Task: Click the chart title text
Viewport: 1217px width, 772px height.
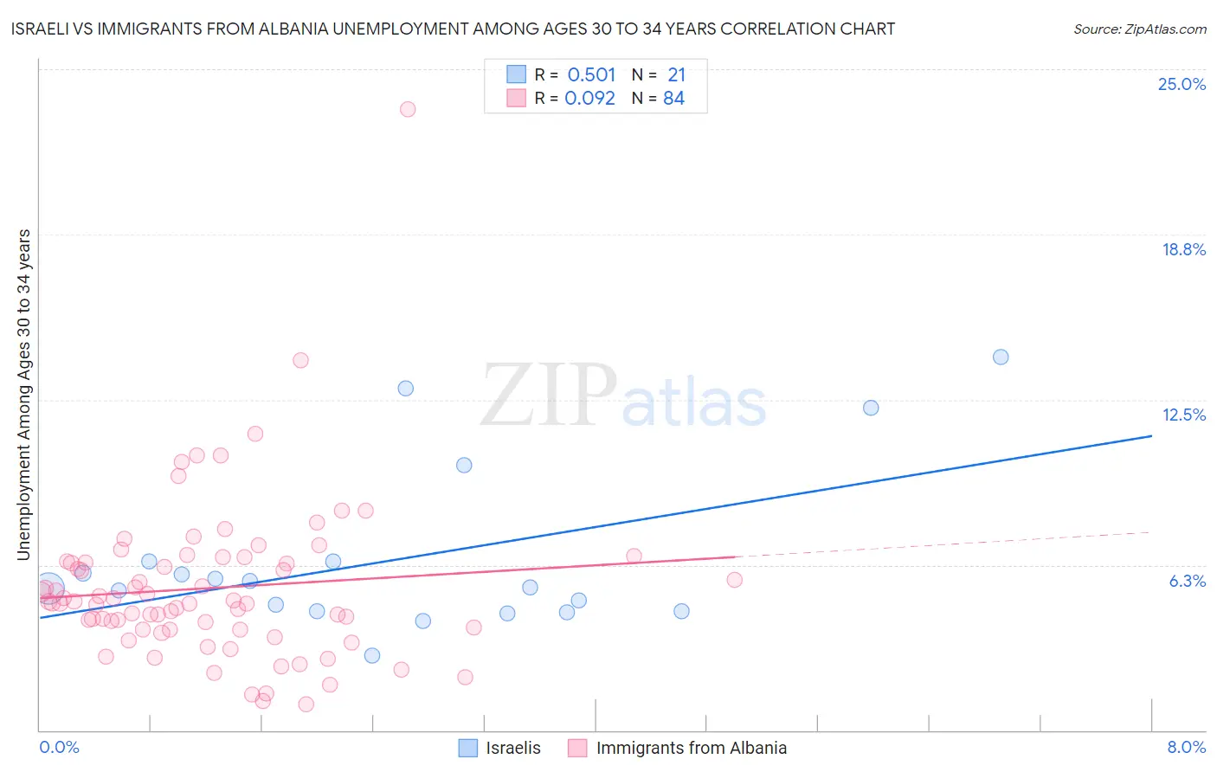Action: point(453,29)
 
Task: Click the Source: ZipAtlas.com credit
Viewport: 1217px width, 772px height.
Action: point(1139,29)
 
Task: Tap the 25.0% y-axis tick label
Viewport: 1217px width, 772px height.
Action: point(1181,84)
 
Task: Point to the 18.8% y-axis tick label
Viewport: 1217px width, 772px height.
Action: point(1182,249)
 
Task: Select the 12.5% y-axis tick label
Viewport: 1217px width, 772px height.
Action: point(1182,415)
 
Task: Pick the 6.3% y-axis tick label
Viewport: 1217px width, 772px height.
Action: point(1187,581)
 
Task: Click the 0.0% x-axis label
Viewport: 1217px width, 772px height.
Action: point(59,747)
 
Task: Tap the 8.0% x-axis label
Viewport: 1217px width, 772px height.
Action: point(1186,747)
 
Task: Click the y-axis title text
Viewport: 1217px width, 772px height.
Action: point(24,395)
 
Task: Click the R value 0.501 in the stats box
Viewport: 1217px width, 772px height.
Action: point(591,75)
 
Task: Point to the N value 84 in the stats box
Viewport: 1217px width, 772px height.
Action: point(673,99)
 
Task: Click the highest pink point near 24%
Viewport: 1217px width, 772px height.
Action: point(408,109)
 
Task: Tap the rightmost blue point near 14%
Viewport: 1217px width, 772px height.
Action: point(1001,357)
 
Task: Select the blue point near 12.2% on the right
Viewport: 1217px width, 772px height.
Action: point(871,408)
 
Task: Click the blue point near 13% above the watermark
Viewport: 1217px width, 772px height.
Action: point(406,388)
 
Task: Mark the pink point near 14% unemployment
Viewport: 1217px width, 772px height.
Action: point(300,360)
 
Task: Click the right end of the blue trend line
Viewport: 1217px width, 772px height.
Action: point(1151,435)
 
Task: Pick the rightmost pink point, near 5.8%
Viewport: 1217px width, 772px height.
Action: point(735,580)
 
